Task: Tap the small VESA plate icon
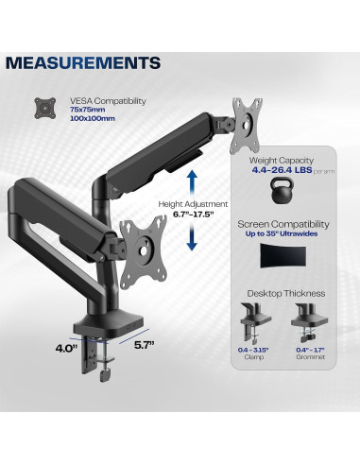pyautogui.click(x=43, y=106)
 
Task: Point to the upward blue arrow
pyautogui.click(x=193, y=181)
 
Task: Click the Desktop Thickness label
pyautogui.click(x=280, y=294)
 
